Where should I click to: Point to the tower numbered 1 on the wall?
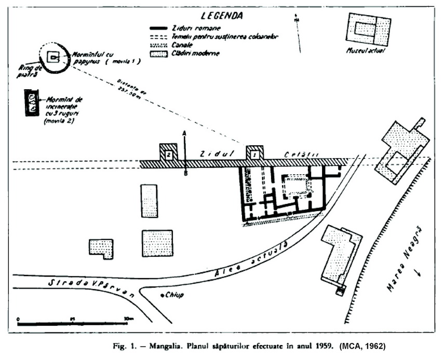[x=254, y=154]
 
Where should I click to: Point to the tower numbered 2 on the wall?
[x=168, y=154]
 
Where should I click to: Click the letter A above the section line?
[x=185, y=133]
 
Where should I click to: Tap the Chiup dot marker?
[x=160, y=295]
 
